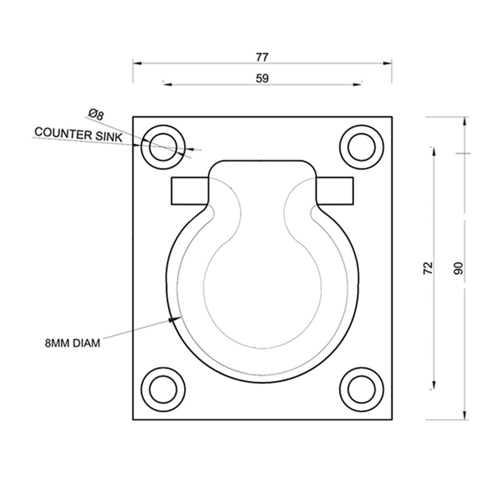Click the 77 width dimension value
262,57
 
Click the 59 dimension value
262,78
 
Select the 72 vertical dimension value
428,268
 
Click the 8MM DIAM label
72,344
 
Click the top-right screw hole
362,147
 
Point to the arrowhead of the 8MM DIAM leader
172,320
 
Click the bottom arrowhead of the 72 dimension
434,385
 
